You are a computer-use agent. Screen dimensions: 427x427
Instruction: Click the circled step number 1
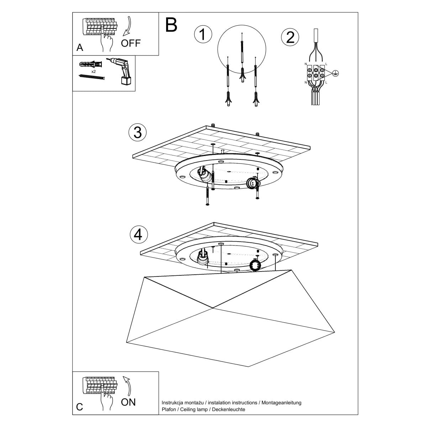point(203,35)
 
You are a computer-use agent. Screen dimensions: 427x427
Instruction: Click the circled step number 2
point(290,37)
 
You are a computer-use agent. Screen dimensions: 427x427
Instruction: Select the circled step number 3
point(137,132)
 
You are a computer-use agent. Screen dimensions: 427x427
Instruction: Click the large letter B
point(171,25)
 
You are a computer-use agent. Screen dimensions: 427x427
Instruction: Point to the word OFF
point(131,43)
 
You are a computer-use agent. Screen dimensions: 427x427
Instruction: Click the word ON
point(128,402)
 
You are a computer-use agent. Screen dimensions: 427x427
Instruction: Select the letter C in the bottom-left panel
point(80,407)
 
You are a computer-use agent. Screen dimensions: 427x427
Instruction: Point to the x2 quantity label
point(94,72)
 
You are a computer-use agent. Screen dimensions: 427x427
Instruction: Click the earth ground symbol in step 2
point(335,73)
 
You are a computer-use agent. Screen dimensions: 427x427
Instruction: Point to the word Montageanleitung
point(281,402)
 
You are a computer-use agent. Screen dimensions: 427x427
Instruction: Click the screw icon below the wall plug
point(92,77)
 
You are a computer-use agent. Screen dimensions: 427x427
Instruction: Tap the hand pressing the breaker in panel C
point(106,400)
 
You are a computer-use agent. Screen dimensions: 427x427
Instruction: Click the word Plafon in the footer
point(169,410)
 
